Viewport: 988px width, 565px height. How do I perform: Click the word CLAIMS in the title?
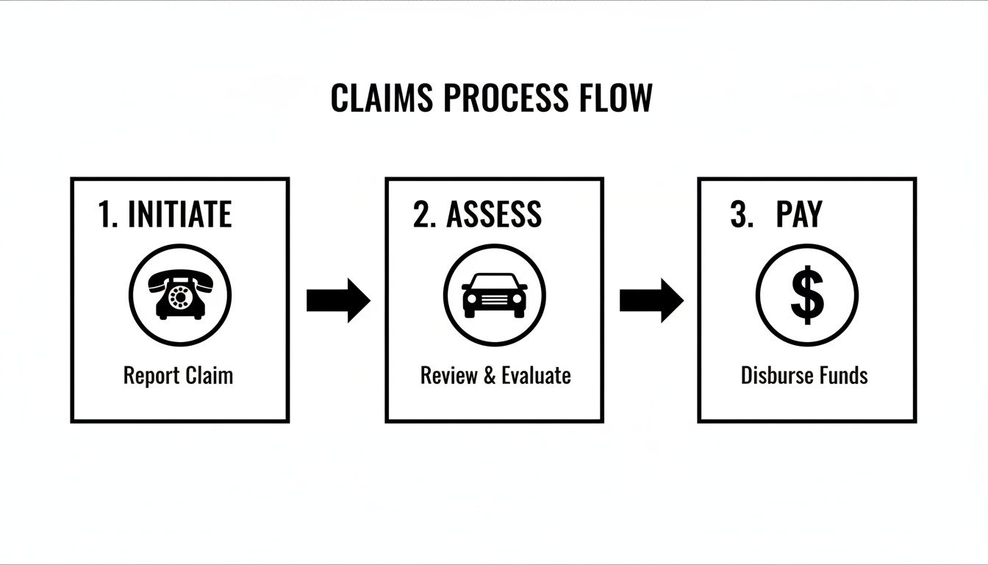tap(382, 99)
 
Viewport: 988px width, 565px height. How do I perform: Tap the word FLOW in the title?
tap(616, 99)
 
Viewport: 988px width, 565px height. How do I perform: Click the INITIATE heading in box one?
tap(179, 214)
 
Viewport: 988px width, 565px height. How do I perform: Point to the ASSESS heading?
tap(493, 214)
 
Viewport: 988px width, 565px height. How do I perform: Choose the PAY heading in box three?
tap(798, 214)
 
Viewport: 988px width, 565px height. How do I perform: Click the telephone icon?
tap(180, 295)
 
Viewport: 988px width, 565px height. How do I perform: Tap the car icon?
tap(494, 295)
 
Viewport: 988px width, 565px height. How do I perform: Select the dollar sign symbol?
tap(807, 294)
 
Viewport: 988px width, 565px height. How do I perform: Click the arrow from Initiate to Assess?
tap(338, 300)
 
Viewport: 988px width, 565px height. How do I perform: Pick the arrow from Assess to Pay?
tap(651, 300)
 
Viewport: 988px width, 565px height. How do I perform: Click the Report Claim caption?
tap(178, 375)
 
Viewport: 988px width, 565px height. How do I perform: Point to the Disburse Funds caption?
tap(804, 375)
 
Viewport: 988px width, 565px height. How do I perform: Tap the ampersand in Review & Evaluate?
tap(490, 375)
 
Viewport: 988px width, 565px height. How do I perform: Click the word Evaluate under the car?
tap(536, 375)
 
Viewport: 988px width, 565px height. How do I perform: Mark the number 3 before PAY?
tap(739, 214)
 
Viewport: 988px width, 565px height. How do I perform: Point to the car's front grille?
tap(494, 299)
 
